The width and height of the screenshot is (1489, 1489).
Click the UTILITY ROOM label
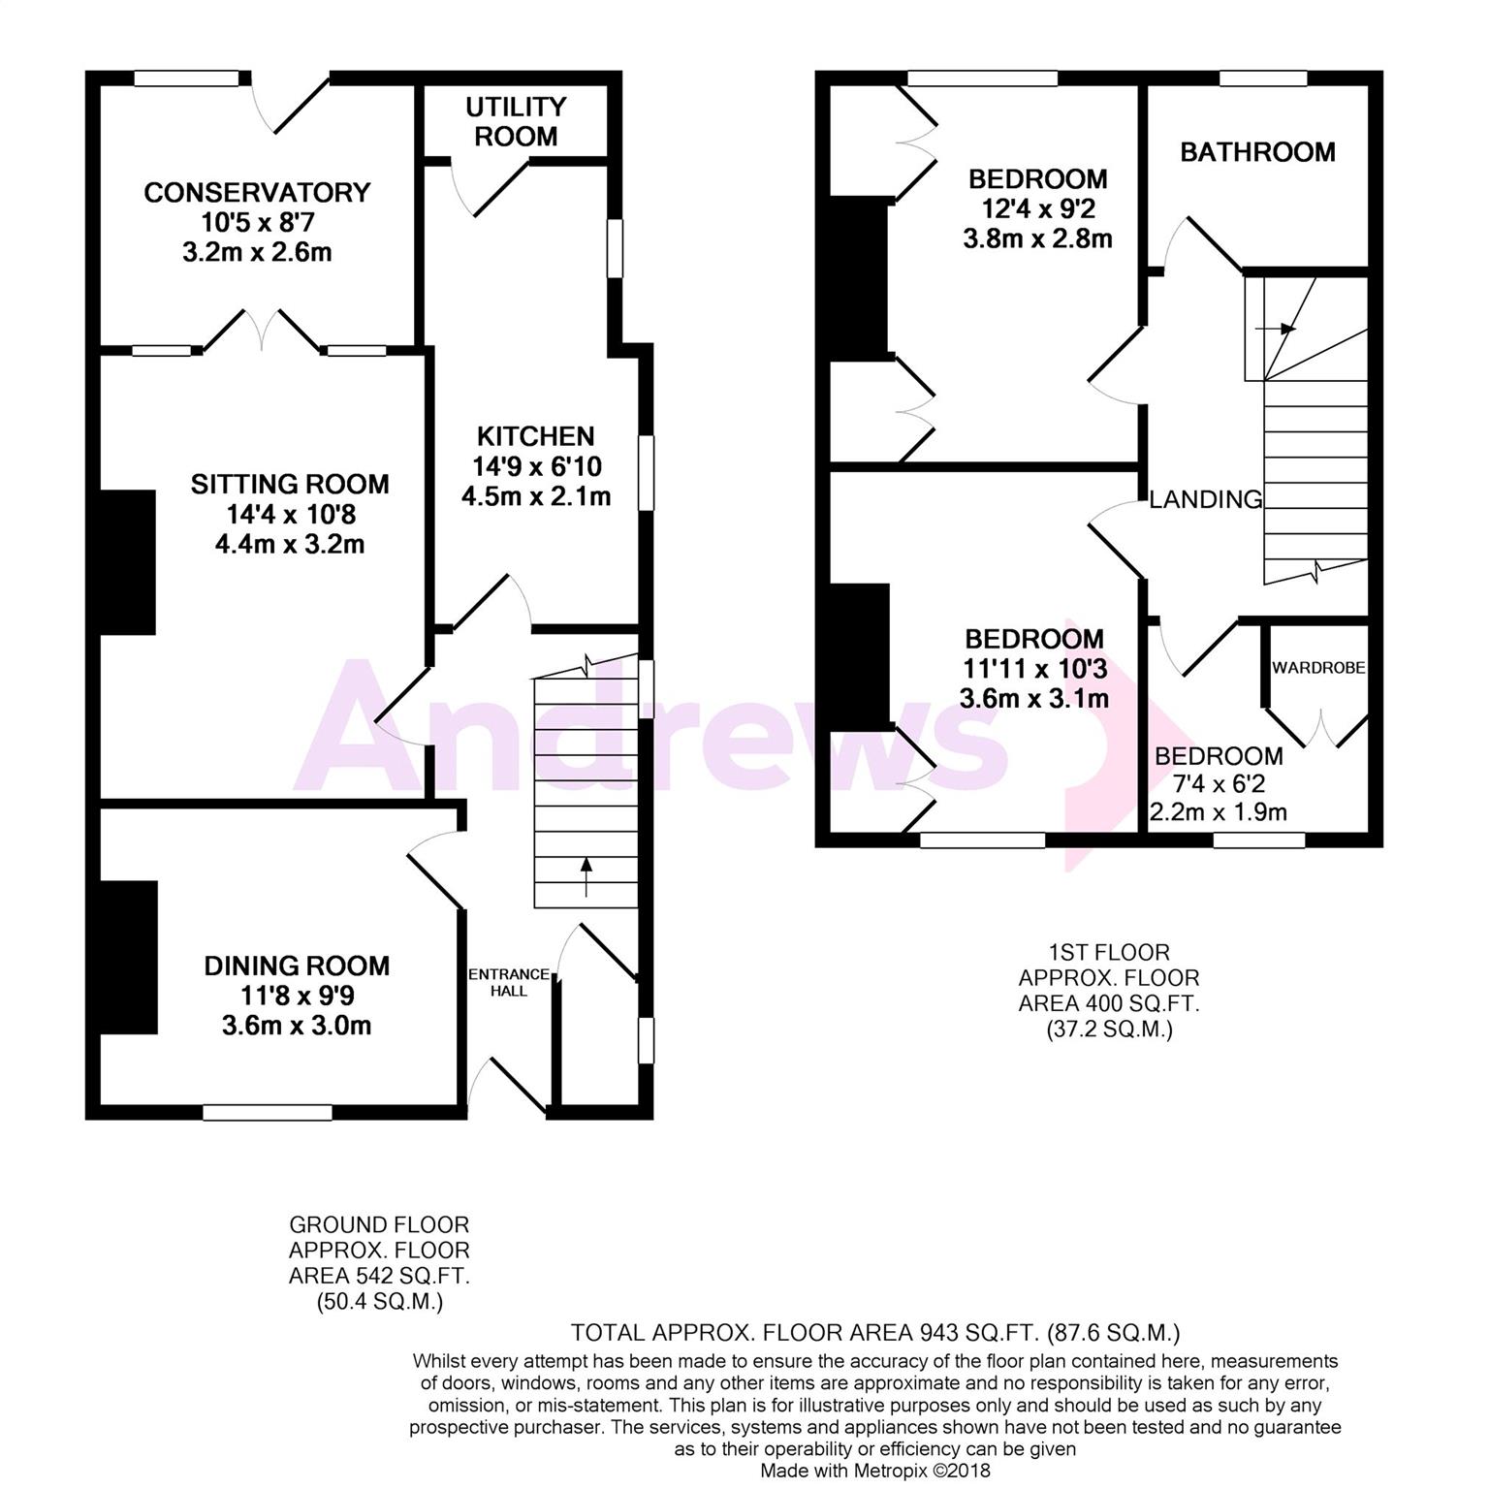[516, 121]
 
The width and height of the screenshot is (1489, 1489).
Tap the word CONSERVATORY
[257, 192]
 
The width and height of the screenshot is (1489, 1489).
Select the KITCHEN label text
[535, 436]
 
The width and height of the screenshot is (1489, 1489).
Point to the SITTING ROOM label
[290, 484]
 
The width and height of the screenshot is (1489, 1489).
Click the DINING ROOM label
[297, 966]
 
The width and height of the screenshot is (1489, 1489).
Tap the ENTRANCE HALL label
[509, 982]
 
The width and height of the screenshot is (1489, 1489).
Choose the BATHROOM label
[1257, 152]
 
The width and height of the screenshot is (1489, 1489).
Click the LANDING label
[1206, 499]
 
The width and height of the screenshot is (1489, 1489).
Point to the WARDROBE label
[1318, 668]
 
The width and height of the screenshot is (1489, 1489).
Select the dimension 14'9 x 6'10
[536, 467]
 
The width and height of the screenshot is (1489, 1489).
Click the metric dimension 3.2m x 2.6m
[257, 253]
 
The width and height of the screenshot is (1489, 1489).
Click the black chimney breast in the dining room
[128, 958]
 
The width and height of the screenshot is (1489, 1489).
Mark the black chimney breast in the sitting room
[128, 562]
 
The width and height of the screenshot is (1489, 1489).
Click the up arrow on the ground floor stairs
[586, 875]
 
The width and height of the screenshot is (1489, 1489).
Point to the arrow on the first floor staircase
[1277, 329]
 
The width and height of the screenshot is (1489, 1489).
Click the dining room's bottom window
[268, 1112]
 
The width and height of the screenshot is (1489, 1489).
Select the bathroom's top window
[1262, 79]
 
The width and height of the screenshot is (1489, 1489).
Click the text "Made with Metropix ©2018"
[875, 1471]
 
